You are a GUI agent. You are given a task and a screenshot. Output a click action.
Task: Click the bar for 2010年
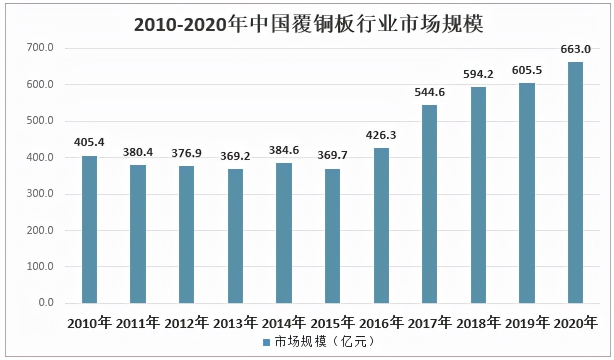pyautogui.click(x=89, y=230)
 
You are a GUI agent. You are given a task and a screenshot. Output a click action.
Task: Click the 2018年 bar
pyautogui.click(x=478, y=195)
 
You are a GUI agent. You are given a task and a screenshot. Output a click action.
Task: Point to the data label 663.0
pyautogui.click(x=575, y=49)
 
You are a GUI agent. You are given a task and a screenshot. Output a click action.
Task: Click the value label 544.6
pyautogui.click(x=429, y=92)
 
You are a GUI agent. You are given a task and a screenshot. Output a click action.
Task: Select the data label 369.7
pyautogui.click(x=332, y=155)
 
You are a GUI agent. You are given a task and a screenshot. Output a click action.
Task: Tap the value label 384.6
pyautogui.click(x=283, y=150)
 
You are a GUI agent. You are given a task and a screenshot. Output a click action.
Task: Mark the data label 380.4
pyautogui.click(x=138, y=151)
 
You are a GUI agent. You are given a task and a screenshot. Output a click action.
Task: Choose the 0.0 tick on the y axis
pyautogui.click(x=46, y=303)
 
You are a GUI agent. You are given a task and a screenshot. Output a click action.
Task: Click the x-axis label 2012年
pyautogui.click(x=186, y=323)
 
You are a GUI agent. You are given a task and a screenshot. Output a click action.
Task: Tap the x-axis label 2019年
pyautogui.click(x=527, y=323)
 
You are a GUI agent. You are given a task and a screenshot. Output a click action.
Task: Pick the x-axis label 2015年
pyautogui.click(x=332, y=323)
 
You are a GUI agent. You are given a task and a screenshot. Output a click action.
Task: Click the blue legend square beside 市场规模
pyautogui.click(x=266, y=342)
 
